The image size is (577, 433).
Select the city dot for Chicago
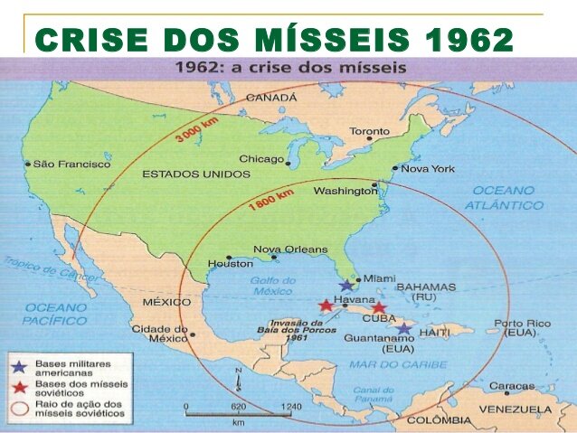coord(288,164)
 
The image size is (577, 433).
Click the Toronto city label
coord(369,132)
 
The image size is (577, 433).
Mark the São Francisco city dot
coord(28,165)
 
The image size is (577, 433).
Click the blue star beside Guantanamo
coord(404,330)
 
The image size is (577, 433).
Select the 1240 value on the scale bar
coord(291,408)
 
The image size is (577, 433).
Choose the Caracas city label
coord(511,386)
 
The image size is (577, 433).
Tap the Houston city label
coord(230,264)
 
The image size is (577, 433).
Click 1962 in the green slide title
coord(468,40)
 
